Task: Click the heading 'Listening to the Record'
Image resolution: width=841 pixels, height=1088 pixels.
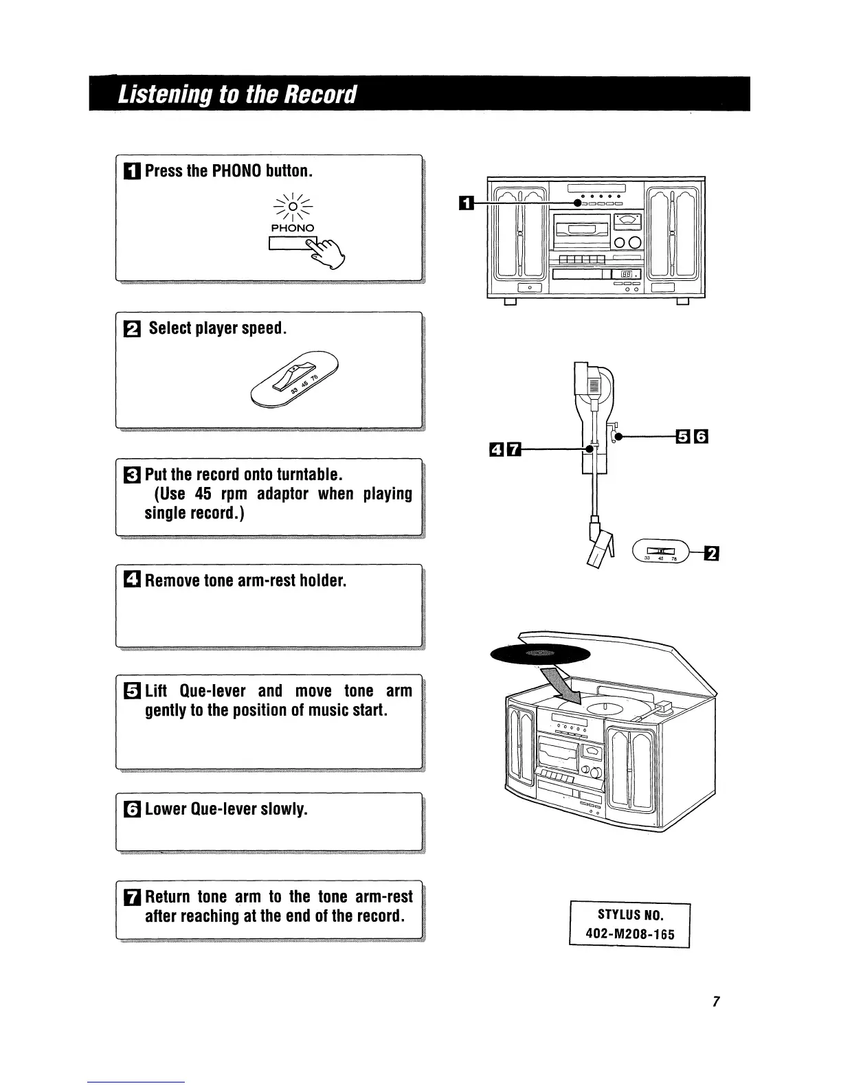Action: [238, 93]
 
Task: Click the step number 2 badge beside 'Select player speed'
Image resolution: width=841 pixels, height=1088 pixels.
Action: [133, 329]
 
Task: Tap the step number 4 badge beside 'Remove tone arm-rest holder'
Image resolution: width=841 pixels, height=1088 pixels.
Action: [133, 581]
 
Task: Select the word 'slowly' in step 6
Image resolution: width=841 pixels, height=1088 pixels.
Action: [282, 809]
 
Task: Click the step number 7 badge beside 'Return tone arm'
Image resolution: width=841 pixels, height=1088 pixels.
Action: [133, 897]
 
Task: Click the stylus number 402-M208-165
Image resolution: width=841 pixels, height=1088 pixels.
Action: [629, 934]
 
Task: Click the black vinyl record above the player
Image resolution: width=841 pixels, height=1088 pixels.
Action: [540, 655]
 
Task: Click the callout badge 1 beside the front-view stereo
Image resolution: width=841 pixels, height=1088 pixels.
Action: [466, 203]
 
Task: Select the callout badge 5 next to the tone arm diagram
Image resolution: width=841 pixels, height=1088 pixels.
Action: [682, 436]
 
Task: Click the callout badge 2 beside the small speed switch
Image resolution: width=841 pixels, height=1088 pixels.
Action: [712, 553]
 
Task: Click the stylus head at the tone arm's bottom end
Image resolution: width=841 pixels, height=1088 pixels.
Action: [601, 549]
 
